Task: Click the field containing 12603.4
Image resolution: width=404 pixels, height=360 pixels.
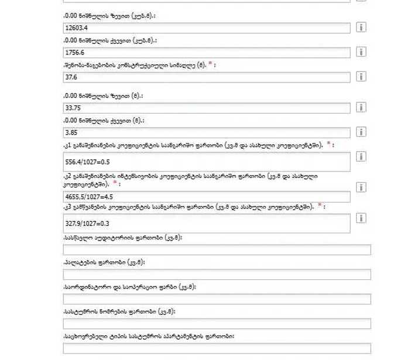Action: pyautogui.click(x=205, y=28)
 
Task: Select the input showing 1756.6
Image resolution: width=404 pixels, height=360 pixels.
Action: pyautogui.click(x=205, y=53)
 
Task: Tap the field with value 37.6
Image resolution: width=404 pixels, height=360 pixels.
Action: pyautogui.click(x=205, y=77)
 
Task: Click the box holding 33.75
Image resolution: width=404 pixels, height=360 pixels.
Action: pyautogui.click(x=205, y=108)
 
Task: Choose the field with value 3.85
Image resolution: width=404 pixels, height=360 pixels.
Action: pyautogui.click(x=205, y=133)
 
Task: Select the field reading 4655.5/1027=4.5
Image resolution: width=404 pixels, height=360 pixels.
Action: pyautogui.click(x=205, y=197)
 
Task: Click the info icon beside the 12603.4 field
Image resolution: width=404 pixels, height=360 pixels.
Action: pyautogui.click(x=362, y=28)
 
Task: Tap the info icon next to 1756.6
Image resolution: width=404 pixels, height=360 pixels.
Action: pyautogui.click(x=362, y=52)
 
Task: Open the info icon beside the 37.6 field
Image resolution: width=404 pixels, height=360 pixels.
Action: pyautogui.click(x=362, y=77)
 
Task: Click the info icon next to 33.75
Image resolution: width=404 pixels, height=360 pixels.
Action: pyautogui.click(x=362, y=107)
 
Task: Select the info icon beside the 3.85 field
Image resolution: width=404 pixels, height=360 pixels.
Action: pyautogui.click(x=362, y=132)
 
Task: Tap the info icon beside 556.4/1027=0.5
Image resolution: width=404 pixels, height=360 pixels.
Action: pyautogui.click(x=362, y=156)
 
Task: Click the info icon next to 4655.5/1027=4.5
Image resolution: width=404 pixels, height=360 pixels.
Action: pyautogui.click(x=362, y=187)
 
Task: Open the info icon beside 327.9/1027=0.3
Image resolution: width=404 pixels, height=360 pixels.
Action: pyautogui.click(x=362, y=218)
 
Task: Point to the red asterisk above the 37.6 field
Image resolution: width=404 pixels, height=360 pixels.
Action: pyautogui.click(x=210, y=64)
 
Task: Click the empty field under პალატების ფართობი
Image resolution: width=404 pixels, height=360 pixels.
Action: pyautogui.click(x=217, y=275)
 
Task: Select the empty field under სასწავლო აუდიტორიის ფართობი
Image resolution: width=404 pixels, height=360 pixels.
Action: pyautogui.click(x=217, y=250)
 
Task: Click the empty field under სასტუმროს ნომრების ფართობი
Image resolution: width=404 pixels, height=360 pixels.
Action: pyautogui.click(x=217, y=324)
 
